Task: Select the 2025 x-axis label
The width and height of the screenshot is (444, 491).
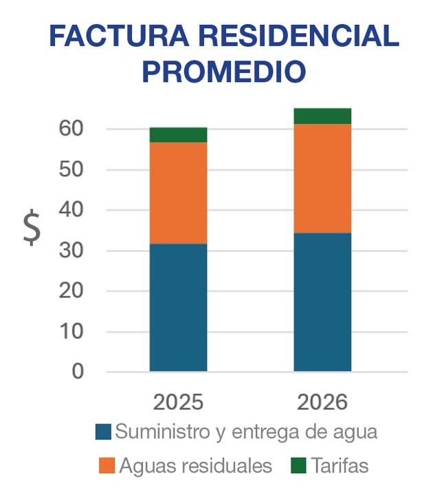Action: click(x=178, y=402)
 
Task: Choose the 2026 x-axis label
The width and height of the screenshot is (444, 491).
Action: click(x=322, y=402)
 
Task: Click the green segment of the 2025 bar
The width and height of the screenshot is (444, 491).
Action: click(x=178, y=135)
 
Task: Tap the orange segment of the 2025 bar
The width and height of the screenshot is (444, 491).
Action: click(x=178, y=193)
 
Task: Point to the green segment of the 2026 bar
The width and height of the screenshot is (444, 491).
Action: click(x=322, y=116)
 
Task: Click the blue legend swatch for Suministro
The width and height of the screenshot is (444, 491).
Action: click(x=103, y=432)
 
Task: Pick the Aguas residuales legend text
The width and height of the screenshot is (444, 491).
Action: click(x=195, y=466)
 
